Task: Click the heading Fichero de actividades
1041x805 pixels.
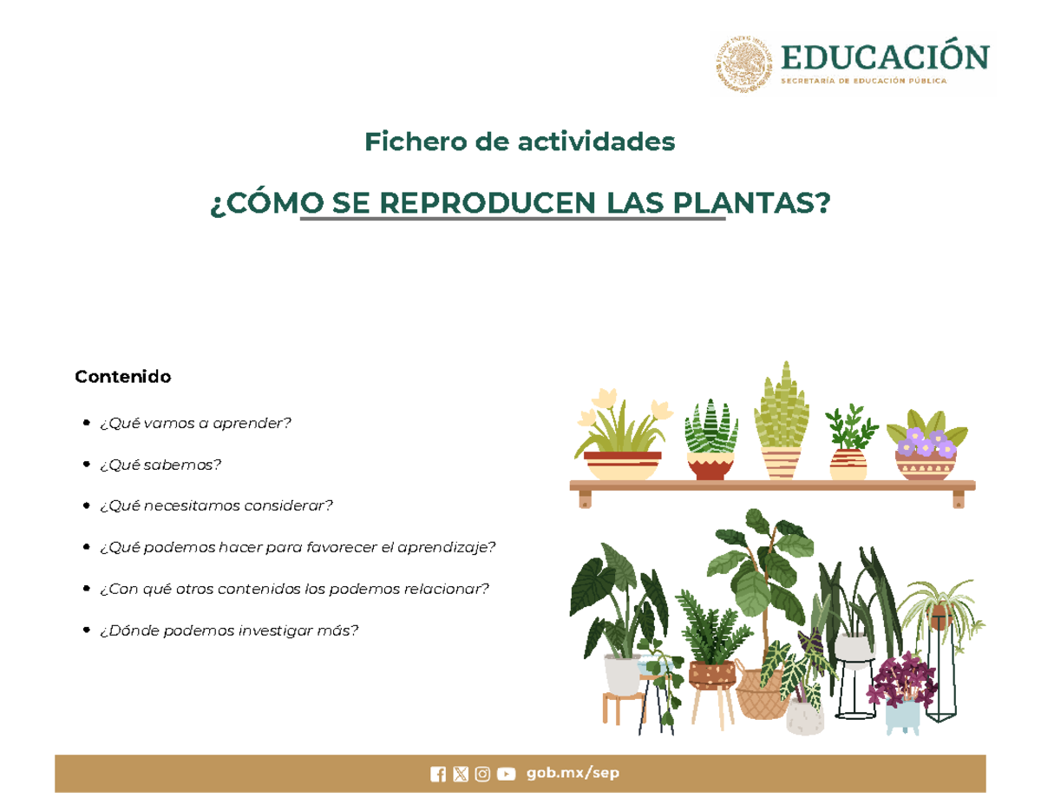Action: tap(520, 141)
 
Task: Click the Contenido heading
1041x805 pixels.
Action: tap(122, 377)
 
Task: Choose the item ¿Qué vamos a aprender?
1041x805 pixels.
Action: tap(195, 423)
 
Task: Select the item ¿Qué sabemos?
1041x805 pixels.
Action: tap(160, 465)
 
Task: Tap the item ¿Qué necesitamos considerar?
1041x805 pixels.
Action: tap(216, 505)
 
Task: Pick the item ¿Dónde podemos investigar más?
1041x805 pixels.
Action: tap(228, 630)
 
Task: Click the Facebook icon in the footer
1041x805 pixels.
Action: tap(438, 775)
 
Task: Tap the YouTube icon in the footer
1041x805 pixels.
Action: tap(506, 775)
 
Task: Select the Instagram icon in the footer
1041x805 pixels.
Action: tap(482, 775)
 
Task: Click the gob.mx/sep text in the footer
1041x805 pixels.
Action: tap(573, 774)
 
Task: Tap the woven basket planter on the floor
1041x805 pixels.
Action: tap(761, 693)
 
